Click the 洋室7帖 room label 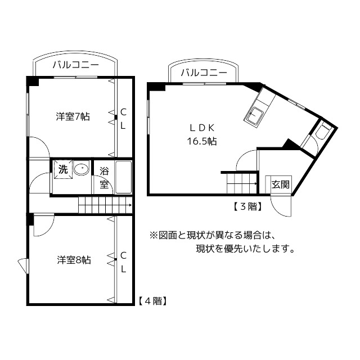tap(73, 117)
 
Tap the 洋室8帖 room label tap(74, 260)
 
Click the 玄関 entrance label tap(280, 184)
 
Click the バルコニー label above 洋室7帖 tap(75, 65)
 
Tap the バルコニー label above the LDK tap(204, 73)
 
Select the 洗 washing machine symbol tap(63, 169)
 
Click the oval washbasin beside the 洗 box tap(82, 169)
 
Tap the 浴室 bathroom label tap(104, 177)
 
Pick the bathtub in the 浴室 tap(123, 177)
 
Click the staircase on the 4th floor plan tap(104, 205)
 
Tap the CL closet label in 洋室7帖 tap(123, 118)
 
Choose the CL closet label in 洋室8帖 tap(123, 261)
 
